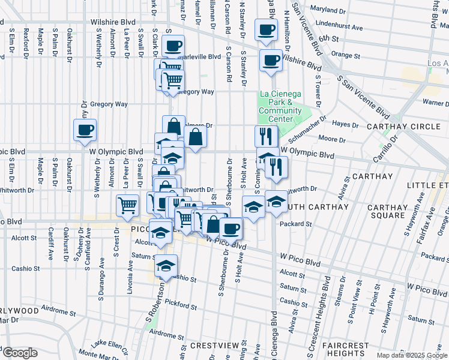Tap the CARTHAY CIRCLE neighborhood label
[x=408, y=127]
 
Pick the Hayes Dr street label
[x=345, y=125]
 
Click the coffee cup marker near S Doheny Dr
[x=85, y=129]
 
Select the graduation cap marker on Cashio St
[x=166, y=266]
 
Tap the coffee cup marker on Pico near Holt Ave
[x=231, y=228]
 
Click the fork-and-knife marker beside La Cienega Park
[x=264, y=136]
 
